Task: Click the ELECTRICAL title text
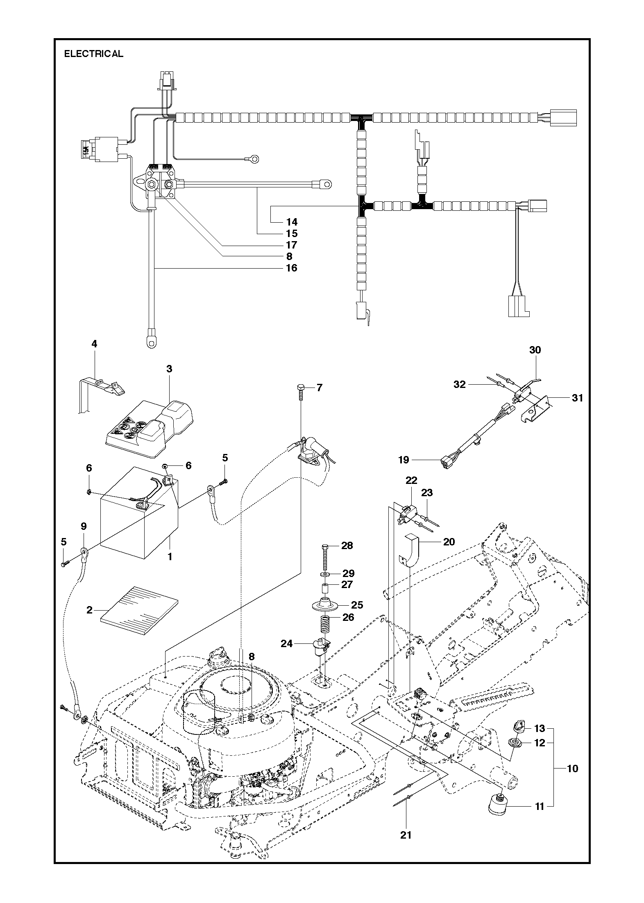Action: [x=93, y=54]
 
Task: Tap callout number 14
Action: [x=292, y=222]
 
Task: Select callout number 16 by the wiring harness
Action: [x=292, y=268]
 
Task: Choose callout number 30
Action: [x=535, y=350]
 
